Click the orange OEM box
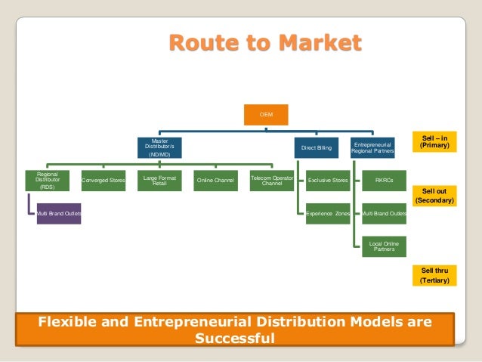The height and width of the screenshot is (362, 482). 266,114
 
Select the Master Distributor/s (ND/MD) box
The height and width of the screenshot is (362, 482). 159,147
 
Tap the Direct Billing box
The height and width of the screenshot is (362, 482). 317,148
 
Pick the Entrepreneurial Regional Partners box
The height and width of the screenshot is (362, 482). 372,147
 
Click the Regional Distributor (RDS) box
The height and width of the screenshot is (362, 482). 48,181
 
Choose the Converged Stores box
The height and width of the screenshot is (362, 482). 104,181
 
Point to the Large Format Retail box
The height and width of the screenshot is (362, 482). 159,181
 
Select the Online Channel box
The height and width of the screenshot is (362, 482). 215,181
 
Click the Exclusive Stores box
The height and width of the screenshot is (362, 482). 327,181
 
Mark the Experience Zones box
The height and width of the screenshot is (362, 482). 327,215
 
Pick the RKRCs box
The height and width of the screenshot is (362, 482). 384,181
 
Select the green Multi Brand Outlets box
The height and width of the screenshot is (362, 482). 384,215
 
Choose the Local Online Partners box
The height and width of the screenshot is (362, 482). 384,246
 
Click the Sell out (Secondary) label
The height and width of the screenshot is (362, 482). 434,196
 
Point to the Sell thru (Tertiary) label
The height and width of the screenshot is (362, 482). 434,275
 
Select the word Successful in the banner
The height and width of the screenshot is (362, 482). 235,338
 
